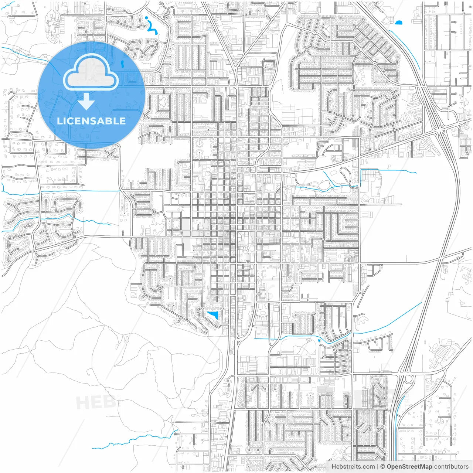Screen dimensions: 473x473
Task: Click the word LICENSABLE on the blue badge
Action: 91,121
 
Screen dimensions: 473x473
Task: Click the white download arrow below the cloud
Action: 86,102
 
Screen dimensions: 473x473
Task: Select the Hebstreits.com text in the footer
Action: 353,467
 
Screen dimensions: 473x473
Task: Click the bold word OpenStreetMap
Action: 409,467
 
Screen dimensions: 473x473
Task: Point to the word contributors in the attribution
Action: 451,467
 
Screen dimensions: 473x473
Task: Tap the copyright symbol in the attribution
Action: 382,467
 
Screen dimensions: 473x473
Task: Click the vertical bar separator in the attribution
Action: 377,467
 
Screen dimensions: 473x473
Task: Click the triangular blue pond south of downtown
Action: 213,315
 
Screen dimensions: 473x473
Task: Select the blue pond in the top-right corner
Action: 398,23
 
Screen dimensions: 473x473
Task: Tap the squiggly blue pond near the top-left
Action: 152,26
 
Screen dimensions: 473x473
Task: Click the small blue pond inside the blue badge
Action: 122,64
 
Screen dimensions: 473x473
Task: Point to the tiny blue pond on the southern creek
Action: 319,340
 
